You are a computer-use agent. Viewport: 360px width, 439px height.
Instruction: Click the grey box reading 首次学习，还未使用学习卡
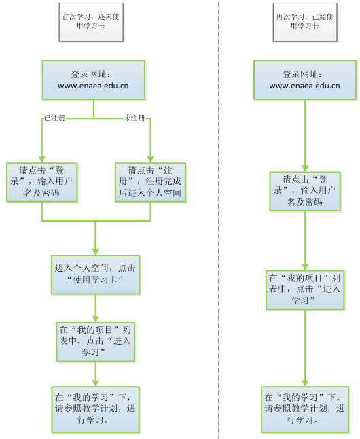point(91,22)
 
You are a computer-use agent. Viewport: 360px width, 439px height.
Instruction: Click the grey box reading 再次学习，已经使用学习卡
point(305,22)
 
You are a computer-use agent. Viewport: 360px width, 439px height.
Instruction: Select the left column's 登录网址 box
point(94,80)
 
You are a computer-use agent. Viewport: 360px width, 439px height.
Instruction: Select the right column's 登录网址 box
point(305,80)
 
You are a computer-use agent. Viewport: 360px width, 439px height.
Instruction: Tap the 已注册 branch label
point(54,118)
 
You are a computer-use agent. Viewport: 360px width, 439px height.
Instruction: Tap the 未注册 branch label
point(134,118)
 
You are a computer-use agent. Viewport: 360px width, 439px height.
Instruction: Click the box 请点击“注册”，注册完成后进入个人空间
point(150,182)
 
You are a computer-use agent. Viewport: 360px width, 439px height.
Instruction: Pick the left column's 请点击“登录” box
point(42,182)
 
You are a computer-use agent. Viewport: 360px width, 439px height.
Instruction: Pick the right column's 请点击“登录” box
point(305,191)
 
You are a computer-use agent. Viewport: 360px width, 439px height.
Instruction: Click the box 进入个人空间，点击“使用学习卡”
point(96,275)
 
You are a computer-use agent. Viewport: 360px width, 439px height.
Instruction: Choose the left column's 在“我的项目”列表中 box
point(96,342)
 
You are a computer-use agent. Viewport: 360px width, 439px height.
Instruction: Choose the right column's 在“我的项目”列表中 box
point(305,290)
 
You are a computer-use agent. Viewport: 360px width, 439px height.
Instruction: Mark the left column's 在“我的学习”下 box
point(96,410)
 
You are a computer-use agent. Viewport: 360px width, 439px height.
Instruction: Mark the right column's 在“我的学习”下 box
point(305,410)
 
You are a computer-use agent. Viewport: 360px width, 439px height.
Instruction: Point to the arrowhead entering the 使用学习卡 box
point(96,251)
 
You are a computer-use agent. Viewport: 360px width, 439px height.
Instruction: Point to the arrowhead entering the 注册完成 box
point(150,159)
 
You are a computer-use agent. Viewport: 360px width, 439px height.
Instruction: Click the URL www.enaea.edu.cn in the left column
point(93,86)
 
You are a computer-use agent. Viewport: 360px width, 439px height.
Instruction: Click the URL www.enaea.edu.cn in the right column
point(304,86)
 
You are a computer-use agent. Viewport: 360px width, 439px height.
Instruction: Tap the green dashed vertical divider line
point(218,219)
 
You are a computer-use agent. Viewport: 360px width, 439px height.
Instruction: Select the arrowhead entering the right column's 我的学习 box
point(305,383)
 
